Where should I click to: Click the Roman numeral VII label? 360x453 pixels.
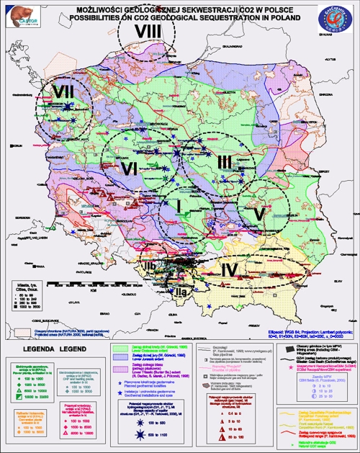tap(63, 93)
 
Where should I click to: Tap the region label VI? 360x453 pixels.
tap(130, 168)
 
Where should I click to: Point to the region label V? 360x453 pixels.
tap(260, 214)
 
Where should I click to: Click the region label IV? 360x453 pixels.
tap(228, 270)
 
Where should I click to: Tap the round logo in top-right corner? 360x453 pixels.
tap(336, 19)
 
